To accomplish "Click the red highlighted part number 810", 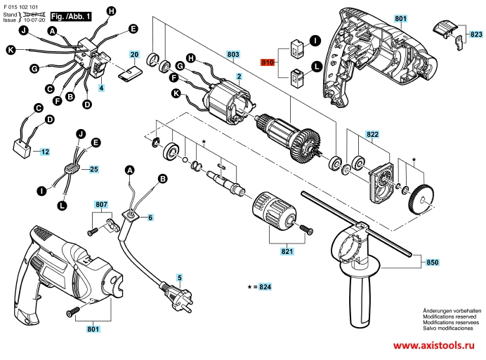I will coord(267,62).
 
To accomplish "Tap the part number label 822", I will coord(372,133).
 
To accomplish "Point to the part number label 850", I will coord(432,262).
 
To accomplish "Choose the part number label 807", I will coord(101,205).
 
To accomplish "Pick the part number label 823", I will coord(475,34).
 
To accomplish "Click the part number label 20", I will coord(134,54).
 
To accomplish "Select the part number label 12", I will coord(44,152).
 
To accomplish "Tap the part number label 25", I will coord(93,169).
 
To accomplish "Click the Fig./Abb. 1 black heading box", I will coord(72,15).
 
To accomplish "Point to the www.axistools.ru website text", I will coord(433,345).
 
